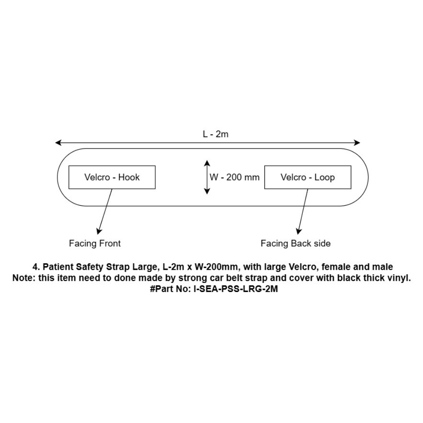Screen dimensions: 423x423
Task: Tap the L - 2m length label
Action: click(x=216, y=134)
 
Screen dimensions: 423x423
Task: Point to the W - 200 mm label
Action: click(x=235, y=177)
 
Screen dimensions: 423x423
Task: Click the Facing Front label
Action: click(x=95, y=243)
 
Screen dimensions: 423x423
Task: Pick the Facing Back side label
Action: click(x=295, y=243)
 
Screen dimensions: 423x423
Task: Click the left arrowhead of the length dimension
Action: click(x=58, y=143)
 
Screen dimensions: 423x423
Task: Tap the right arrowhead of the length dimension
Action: click(x=356, y=143)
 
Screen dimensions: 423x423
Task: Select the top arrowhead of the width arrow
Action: click(x=207, y=163)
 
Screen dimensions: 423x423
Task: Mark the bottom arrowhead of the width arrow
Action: click(x=207, y=191)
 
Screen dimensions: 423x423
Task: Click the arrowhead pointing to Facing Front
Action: click(x=99, y=231)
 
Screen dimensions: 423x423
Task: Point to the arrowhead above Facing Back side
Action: click(x=298, y=231)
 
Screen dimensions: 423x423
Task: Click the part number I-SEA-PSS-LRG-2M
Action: click(x=236, y=289)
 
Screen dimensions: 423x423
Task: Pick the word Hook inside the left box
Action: click(x=129, y=177)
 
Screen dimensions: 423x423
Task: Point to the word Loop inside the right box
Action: click(x=325, y=178)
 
